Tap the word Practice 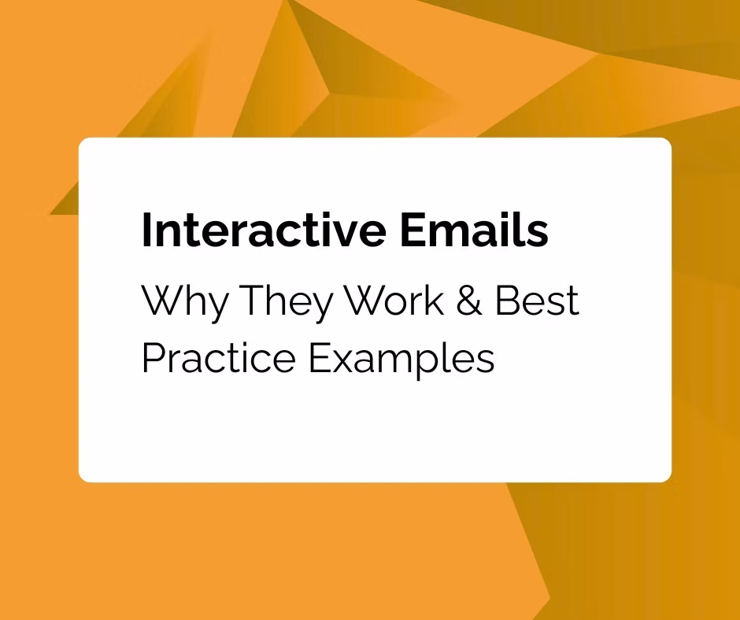[220, 358]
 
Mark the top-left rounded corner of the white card [83, 142]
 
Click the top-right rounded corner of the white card [667, 142]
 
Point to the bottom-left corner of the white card [83, 477]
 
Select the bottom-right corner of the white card [667, 477]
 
